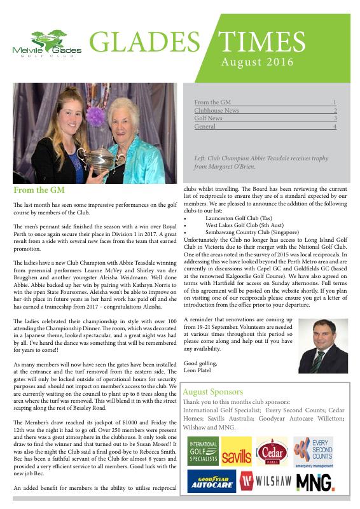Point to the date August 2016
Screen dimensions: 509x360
256,62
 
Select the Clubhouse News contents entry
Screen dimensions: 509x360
217,110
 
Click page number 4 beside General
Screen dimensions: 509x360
335,127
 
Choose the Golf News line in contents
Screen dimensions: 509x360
209,118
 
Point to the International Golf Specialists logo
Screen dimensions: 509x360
202,450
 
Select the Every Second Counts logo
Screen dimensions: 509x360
313,450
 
